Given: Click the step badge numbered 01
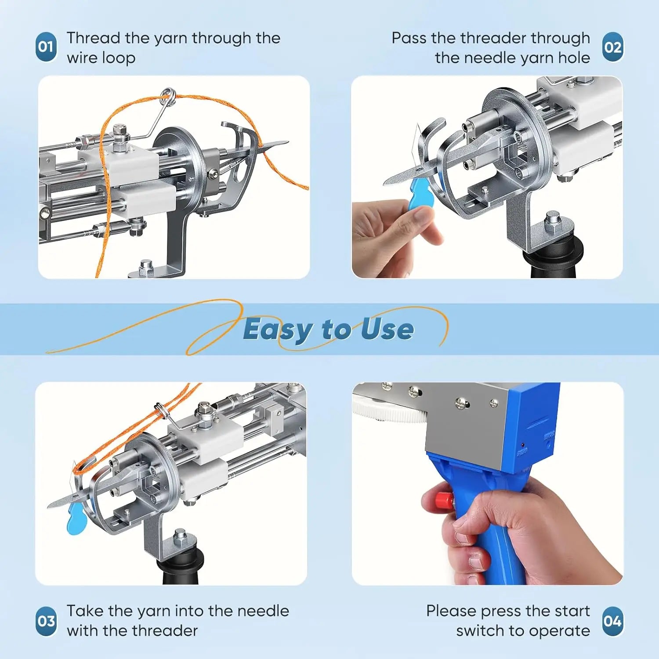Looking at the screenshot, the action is point(46,47).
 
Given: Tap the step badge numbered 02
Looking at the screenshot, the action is point(613,47).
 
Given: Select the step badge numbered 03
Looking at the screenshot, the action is point(46,621).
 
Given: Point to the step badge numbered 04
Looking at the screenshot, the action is point(613,621).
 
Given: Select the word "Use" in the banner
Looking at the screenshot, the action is point(387,329).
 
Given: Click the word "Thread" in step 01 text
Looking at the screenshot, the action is point(94,38).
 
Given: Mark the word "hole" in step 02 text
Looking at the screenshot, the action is point(574,58).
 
